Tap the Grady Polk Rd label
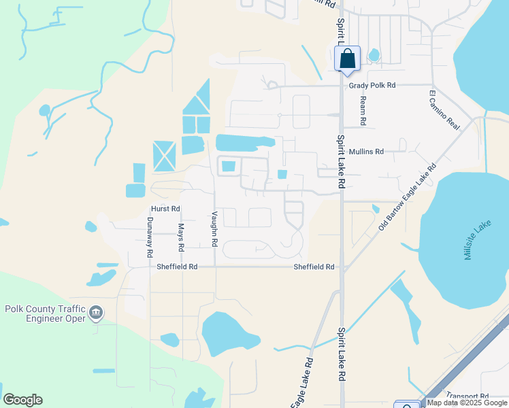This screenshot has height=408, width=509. pyautogui.click(x=372, y=86)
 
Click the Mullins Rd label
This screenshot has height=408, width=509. pyautogui.click(x=366, y=152)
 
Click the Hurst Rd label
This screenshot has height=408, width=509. pyautogui.click(x=165, y=209)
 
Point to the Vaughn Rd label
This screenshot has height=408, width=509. pyautogui.click(x=214, y=228)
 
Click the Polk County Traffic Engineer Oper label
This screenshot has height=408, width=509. pyautogui.click(x=45, y=313)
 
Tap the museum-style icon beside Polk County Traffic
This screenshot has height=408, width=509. pyautogui.click(x=96, y=312)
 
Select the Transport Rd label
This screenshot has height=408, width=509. pyautogui.click(x=467, y=396)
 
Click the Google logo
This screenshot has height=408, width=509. pyautogui.click(x=22, y=400)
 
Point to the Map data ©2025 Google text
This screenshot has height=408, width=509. pyautogui.click(x=467, y=403)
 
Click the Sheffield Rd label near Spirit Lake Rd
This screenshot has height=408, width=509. pyautogui.click(x=314, y=267)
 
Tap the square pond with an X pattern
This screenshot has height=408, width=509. pyautogui.click(x=164, y=156)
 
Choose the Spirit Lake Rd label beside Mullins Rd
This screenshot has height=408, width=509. pyautogui.click(x=341, y=161)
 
